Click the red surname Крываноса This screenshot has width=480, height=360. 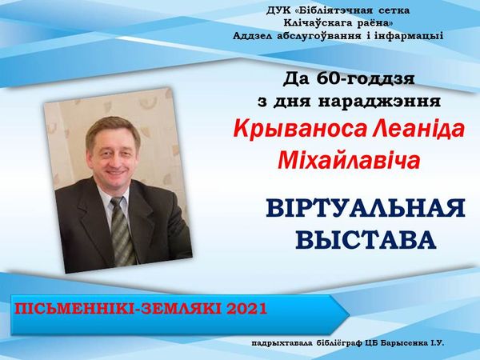(299, 130)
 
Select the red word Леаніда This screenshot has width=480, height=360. (418, 129)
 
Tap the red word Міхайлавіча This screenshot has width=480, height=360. (349, 160)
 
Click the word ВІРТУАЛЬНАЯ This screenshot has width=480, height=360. (366, 208)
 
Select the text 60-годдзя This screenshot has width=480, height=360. (366, 79)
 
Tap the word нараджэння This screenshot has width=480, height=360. (379, 102)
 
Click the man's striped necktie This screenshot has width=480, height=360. (122, 230)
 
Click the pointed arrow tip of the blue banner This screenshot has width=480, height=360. (350, 314)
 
